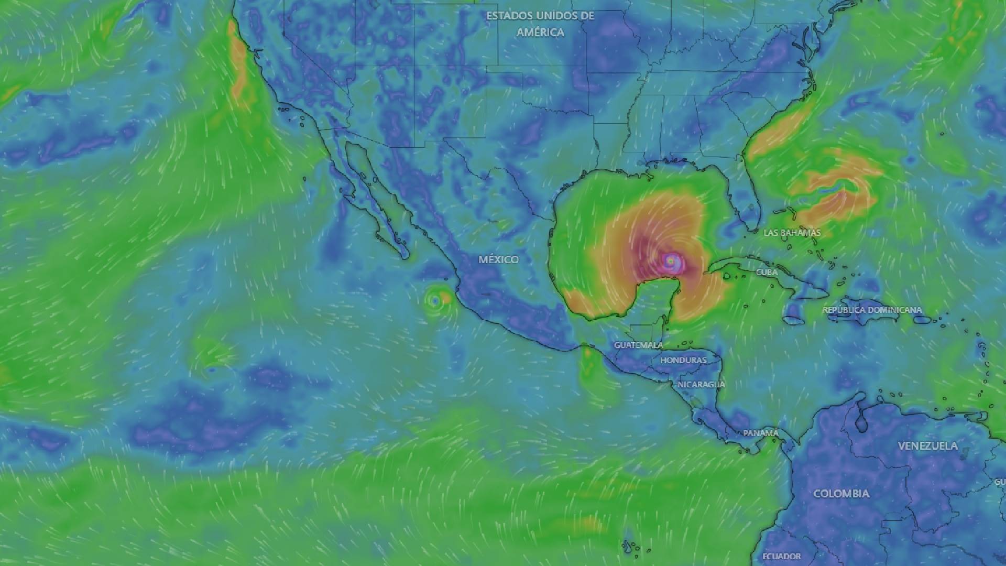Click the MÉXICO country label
[x=498, y=259]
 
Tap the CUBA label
[x=767, y=273]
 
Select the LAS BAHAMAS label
[x=792, y=233]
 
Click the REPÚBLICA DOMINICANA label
[x=872, y=310]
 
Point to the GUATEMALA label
[x=638, y=345]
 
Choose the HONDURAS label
[x=683, y=361]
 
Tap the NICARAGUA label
[x=701, y=385]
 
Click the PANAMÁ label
[x=761, y=433]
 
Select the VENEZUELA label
[x=927, y=446]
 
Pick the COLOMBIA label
[x=841, y=494]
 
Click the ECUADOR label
[x=781, y=557]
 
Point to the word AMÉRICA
[x=540, y=32]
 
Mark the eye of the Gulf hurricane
[x=671, y=259]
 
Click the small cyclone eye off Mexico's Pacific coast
[x=434, y=301]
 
